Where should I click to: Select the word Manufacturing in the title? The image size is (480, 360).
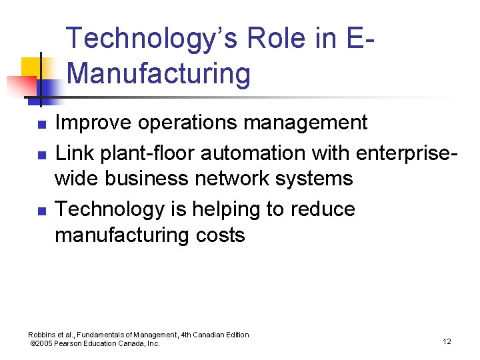(159, 73)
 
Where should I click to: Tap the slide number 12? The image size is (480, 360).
(446, 342)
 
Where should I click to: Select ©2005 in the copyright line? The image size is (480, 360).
(43, 343)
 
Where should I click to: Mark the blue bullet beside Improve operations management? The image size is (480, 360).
(40, 125)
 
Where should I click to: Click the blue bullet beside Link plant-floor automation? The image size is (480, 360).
(40, 155)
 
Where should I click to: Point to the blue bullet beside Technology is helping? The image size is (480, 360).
(40, 211)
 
